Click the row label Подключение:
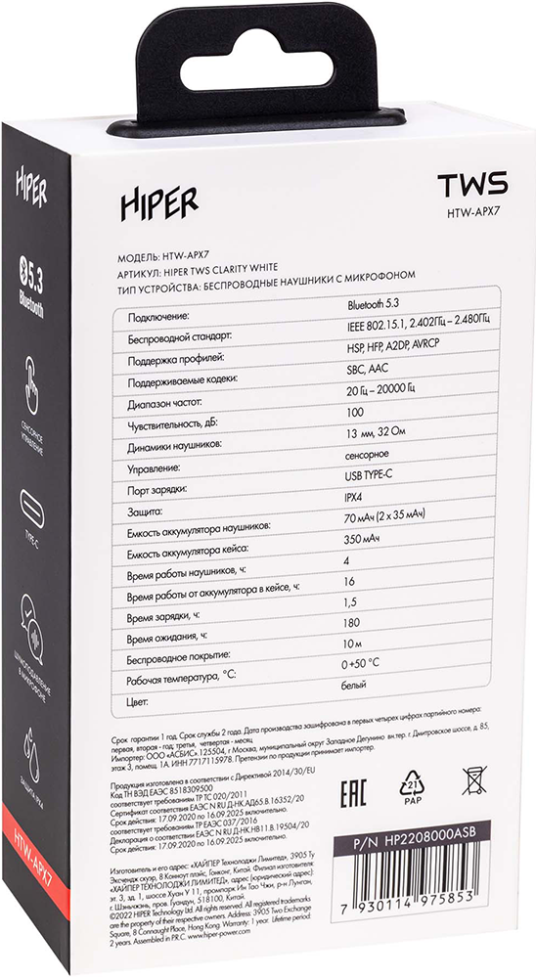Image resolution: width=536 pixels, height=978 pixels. point(156,319)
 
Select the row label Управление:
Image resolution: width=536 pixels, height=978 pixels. point(155,469)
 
